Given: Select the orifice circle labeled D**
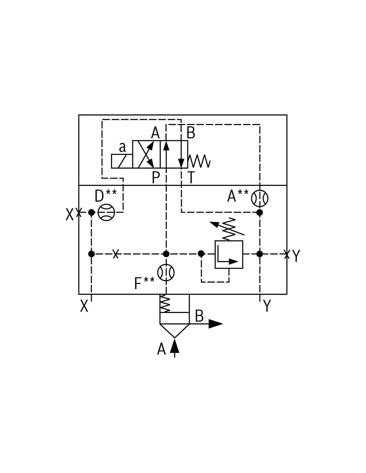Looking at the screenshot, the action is click(106, 213).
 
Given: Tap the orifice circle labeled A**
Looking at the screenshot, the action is click(260, 198).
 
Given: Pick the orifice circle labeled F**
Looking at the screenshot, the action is click(166, 272).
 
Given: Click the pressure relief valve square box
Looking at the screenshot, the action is click(229, 254).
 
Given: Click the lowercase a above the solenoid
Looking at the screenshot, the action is click(122, 147).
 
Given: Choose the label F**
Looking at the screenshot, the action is click(144, 283).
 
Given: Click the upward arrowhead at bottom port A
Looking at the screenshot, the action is click(174, 346).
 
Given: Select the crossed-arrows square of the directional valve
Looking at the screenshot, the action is click(146, 154).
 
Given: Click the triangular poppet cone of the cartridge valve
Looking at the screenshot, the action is click(174, 331).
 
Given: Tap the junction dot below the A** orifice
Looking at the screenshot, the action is click(260, 213).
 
